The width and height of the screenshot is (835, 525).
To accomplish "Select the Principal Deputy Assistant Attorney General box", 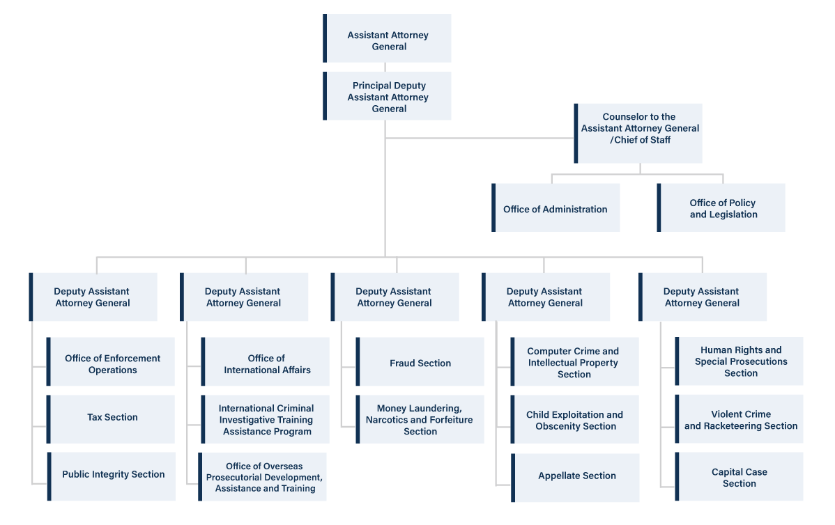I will (x=388, y=96).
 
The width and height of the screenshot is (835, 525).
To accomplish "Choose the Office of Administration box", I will (x=556, y=208).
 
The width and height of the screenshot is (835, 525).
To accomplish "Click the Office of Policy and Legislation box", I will (x=722, y=208).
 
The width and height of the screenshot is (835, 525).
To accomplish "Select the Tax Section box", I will (x=112, y=418).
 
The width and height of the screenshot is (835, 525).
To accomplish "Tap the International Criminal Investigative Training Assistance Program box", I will (x=266, y=419).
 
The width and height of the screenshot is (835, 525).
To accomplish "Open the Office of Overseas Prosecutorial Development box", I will (x=263, y=477).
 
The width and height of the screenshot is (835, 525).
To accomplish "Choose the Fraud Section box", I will (x=420, y=362).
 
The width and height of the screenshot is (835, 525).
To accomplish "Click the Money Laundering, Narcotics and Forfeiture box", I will (x=420, y=419).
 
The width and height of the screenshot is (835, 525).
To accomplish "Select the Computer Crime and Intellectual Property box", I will (x=574, y=362).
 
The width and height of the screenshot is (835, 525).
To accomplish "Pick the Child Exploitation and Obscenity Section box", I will (x=575, y=420).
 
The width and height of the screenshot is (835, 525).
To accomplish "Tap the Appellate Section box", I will (x=576, y=477).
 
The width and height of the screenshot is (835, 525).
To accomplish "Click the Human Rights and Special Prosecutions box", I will (x=740, y=361).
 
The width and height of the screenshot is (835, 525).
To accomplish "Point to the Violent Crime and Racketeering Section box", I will (x=740, y=420).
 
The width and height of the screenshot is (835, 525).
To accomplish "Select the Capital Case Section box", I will (x=740, y=477).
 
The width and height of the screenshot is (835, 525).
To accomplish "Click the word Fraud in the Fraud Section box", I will (x=404, y=363).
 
